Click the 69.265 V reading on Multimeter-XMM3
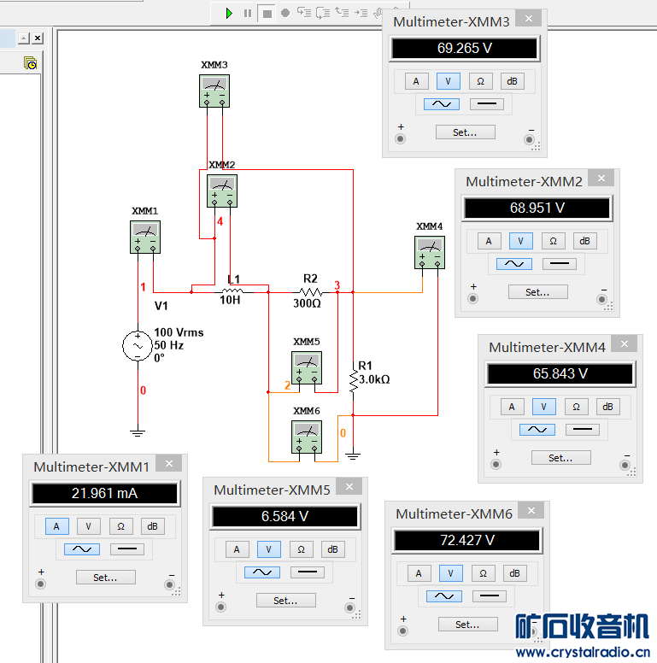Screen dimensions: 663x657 (x=464, y=49)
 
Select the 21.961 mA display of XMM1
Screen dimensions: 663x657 (x=104, y=493)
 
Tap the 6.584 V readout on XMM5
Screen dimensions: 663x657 (x=285, y=517)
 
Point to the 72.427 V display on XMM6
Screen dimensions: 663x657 (x=466, y=540)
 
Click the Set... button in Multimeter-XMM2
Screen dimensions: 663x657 (x=537, y=292)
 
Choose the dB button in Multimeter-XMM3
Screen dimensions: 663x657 (x=512, y=81)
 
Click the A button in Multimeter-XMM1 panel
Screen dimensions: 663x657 (x=56, y=526)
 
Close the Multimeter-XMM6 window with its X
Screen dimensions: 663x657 (x=531, y=511)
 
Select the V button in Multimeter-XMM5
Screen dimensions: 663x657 (x=268, y=549)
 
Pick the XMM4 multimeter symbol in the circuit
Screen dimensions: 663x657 (x=430, y=251)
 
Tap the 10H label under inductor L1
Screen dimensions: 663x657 (x=231, y=301)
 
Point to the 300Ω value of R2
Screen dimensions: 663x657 (x=307, y=302)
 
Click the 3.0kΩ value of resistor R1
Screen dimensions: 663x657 (x=374, y=378)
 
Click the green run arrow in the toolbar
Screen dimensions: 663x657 (x=229, y=13)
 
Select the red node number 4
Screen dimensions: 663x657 (x=220, y=221)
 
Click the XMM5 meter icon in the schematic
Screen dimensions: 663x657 (x=307, y=367)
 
